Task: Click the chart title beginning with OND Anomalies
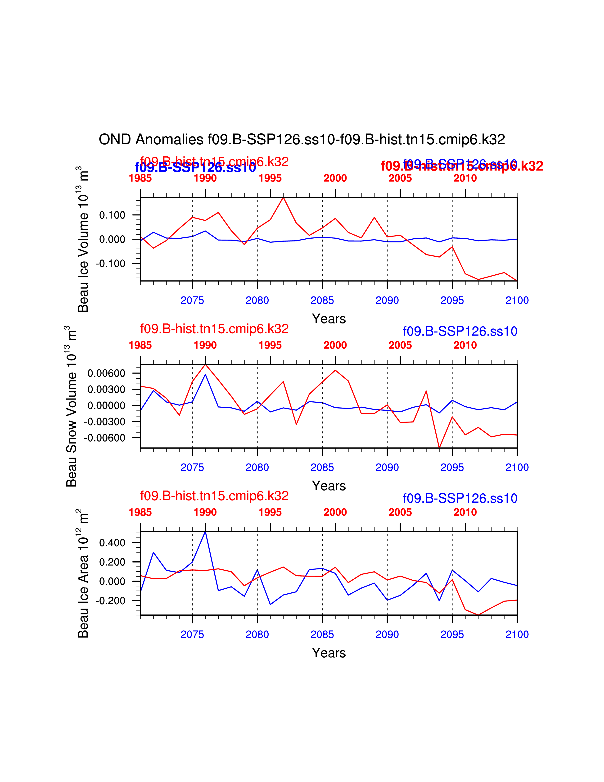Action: pos(302,140)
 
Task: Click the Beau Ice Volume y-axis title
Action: pos(83,239)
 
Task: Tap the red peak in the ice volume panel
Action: pos(283,197)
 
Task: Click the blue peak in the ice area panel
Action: pos(205,532)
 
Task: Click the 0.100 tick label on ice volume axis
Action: pos(112,215)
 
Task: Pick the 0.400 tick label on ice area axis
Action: pos(112,543)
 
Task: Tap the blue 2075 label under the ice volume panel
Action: pos(192,300)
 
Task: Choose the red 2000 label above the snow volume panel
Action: pos(335,345)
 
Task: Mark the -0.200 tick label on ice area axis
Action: pos(111,601)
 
